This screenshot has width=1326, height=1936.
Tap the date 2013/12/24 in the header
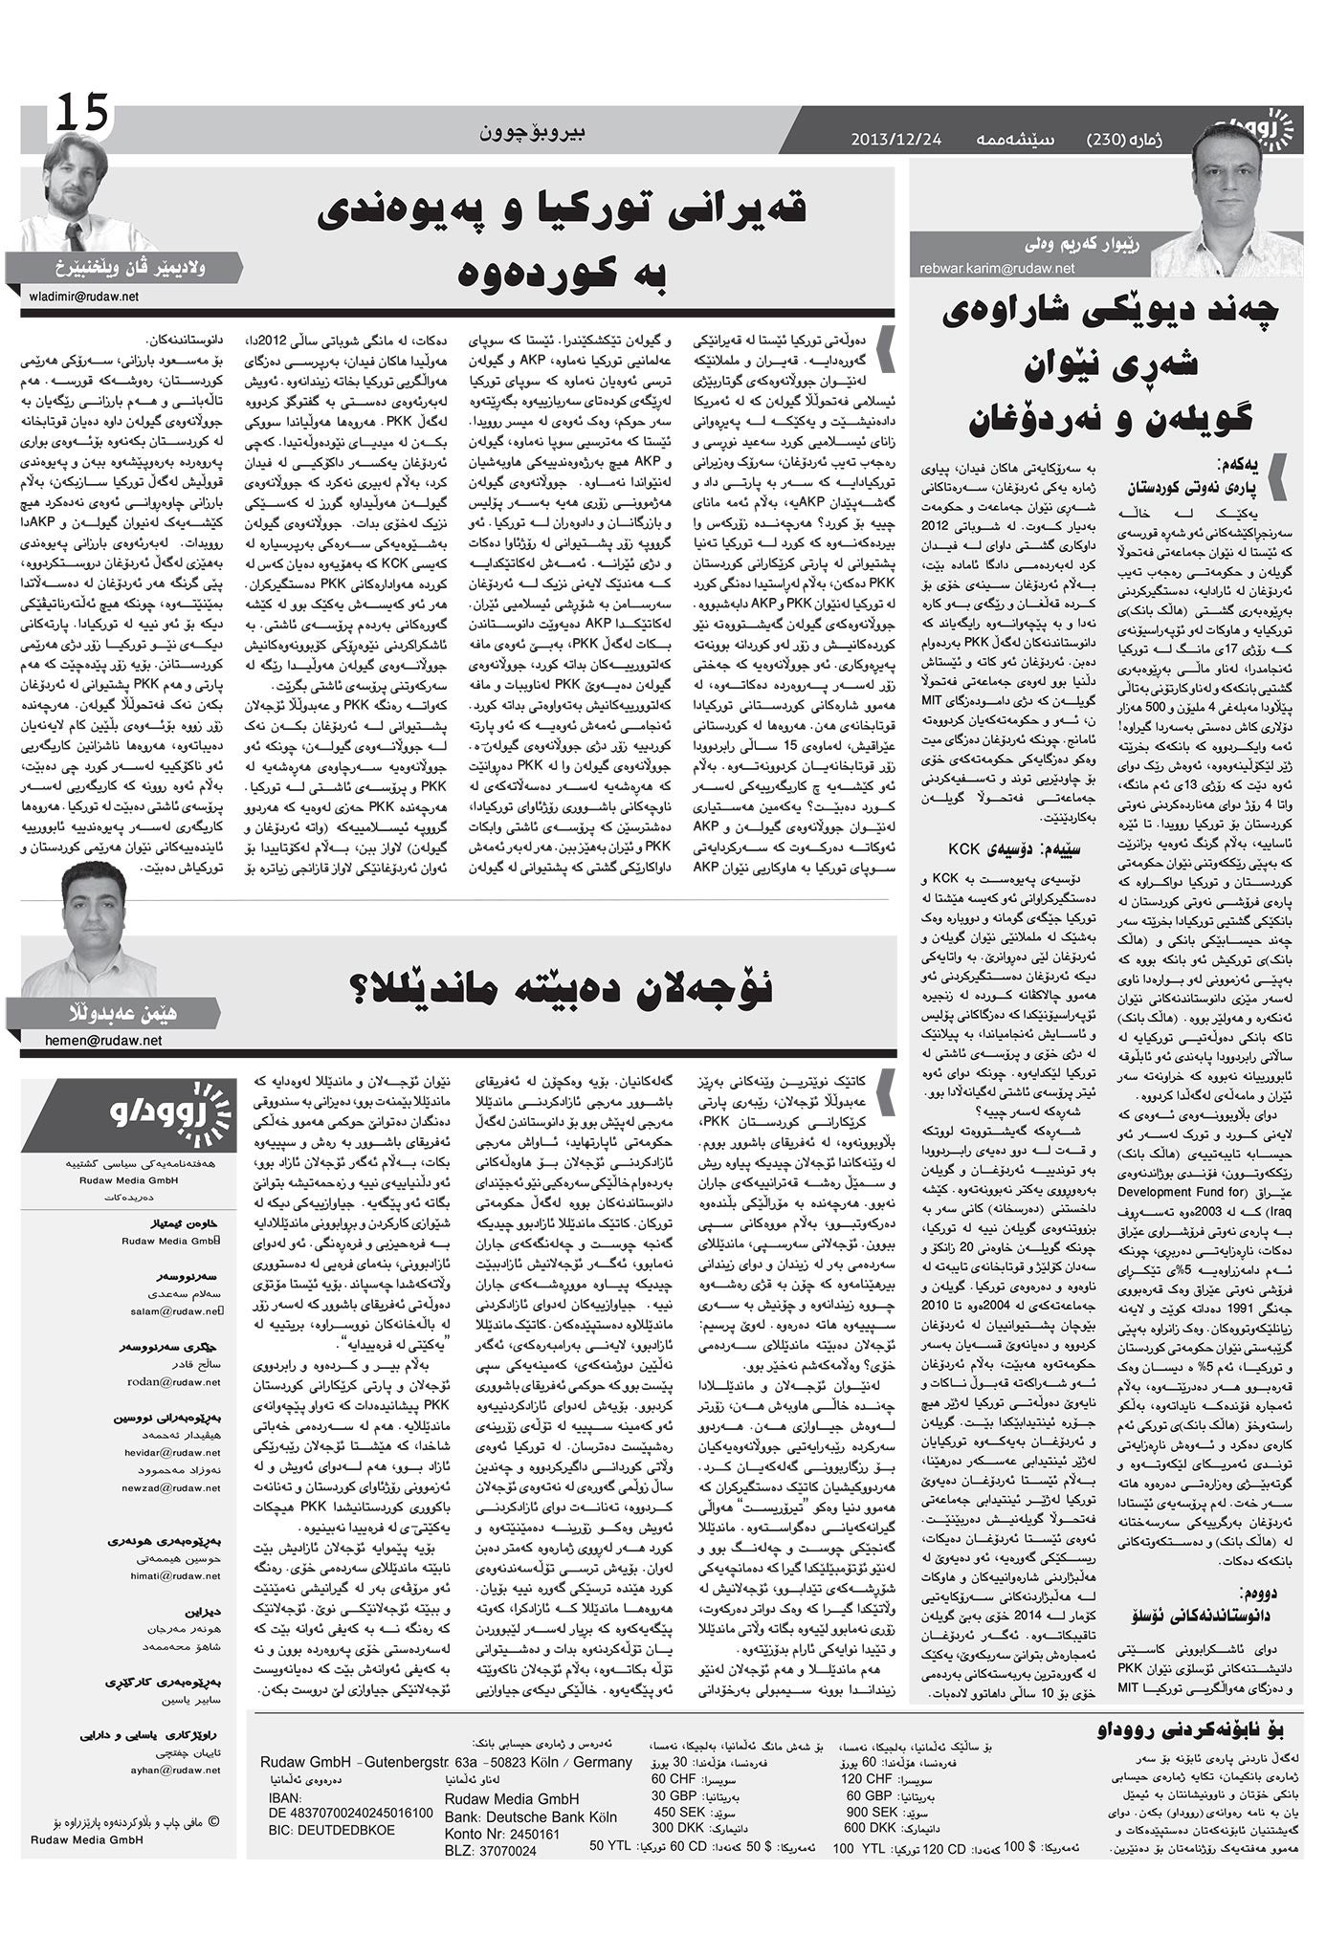[896, 141]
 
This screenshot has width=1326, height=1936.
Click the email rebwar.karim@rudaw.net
[997, 269]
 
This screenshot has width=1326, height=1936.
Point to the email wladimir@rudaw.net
[81, 297]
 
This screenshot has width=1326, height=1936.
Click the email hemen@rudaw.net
[103, 1040]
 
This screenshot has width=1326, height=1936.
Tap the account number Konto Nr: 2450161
[502, 1834]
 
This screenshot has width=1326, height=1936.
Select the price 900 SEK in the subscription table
[870, 1812]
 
